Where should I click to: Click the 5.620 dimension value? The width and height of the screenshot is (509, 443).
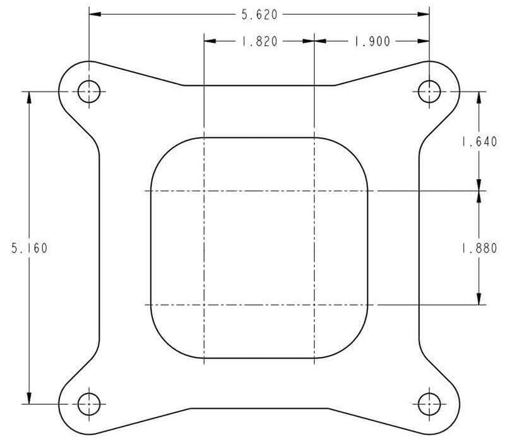(259, 13)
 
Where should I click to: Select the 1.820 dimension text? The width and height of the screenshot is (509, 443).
(259, 41)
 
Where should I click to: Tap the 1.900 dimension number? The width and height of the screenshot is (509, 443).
(372, 41)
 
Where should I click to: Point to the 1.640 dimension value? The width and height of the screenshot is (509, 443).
(479, 142)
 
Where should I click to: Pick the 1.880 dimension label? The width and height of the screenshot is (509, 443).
(479, 249)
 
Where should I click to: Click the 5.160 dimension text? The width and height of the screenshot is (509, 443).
(29, 247)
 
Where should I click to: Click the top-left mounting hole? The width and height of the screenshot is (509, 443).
(89, 92)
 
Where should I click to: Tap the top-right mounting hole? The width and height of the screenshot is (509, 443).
(429, 92)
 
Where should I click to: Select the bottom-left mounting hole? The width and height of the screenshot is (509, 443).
(89, 403)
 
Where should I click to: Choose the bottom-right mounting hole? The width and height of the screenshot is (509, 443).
(429, 403)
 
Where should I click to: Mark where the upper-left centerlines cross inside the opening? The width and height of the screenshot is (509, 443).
(204, 190)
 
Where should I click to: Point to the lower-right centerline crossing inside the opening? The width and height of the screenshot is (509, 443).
(314, 305)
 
